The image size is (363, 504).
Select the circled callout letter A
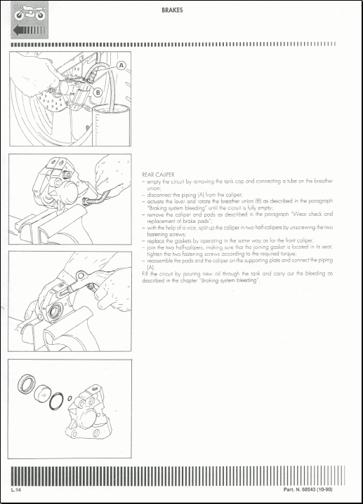coord(121,64)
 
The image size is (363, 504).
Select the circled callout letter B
coord(98,91)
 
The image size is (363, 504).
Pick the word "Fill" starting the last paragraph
coord(146,272)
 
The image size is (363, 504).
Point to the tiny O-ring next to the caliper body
coord(71,398)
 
